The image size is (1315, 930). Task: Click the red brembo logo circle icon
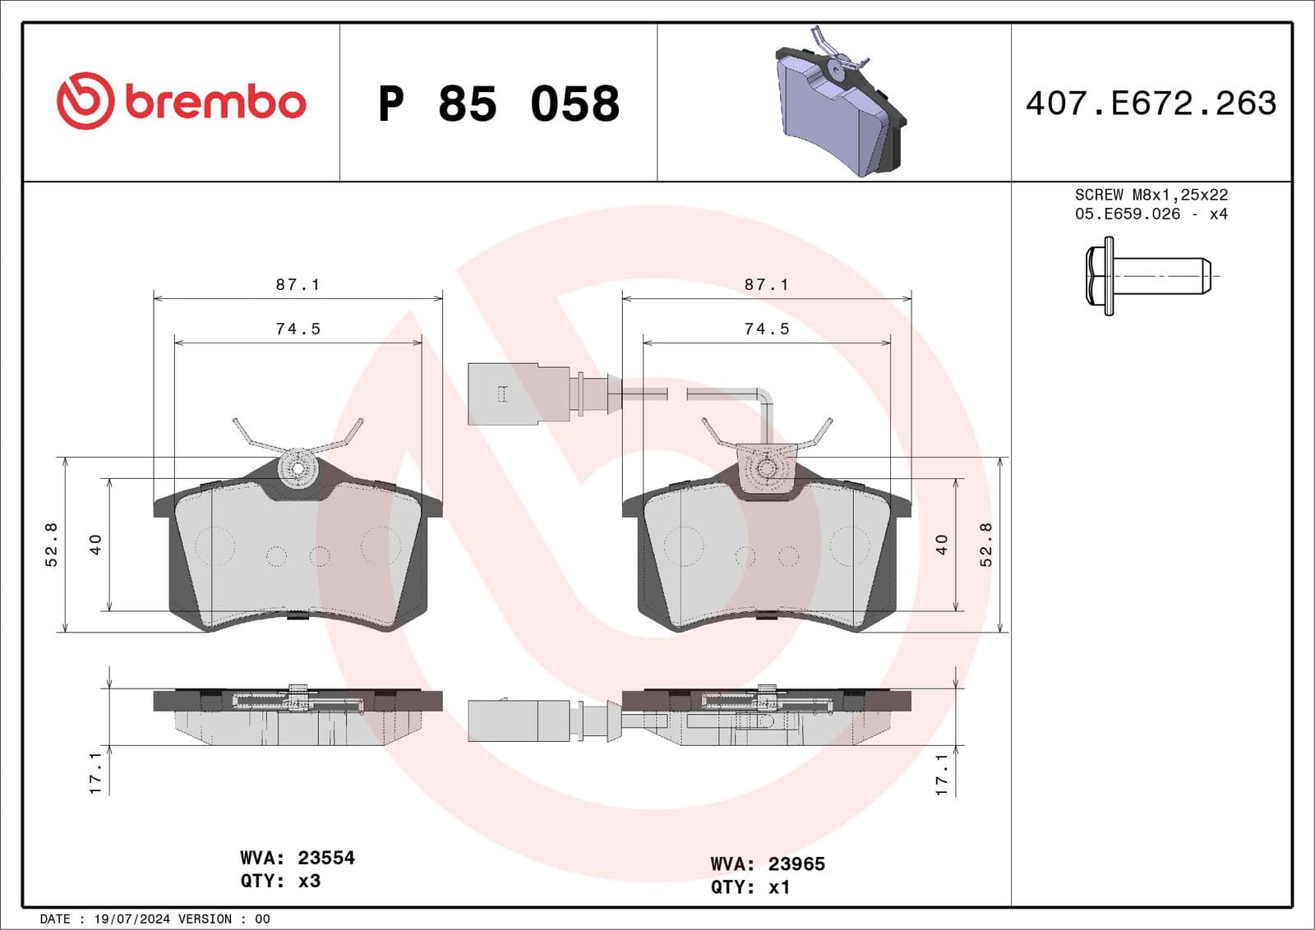click(x=85, y=101)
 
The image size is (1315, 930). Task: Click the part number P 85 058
click(x=499, y=104)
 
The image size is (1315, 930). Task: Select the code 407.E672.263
click(x=1151, y=104)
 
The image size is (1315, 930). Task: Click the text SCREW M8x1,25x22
click(x=1151, y=195)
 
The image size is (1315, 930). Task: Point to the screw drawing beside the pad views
click(x=1147, y=276)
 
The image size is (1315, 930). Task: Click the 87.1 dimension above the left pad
click(x=298, y=284)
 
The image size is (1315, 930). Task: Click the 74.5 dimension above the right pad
click(x=766, y=329)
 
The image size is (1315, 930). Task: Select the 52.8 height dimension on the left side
click(x=51, y=544)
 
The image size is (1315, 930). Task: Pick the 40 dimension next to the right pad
click(x=942, y=544)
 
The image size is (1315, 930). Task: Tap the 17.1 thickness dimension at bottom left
click(x=95, y=772)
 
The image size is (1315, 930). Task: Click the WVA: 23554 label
click(x=298, y=858)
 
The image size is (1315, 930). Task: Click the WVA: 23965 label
click(x=768, y=863)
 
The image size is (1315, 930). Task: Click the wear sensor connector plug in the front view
click(x=503, y=394)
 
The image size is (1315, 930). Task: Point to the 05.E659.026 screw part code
click(x=1127, y=214)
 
